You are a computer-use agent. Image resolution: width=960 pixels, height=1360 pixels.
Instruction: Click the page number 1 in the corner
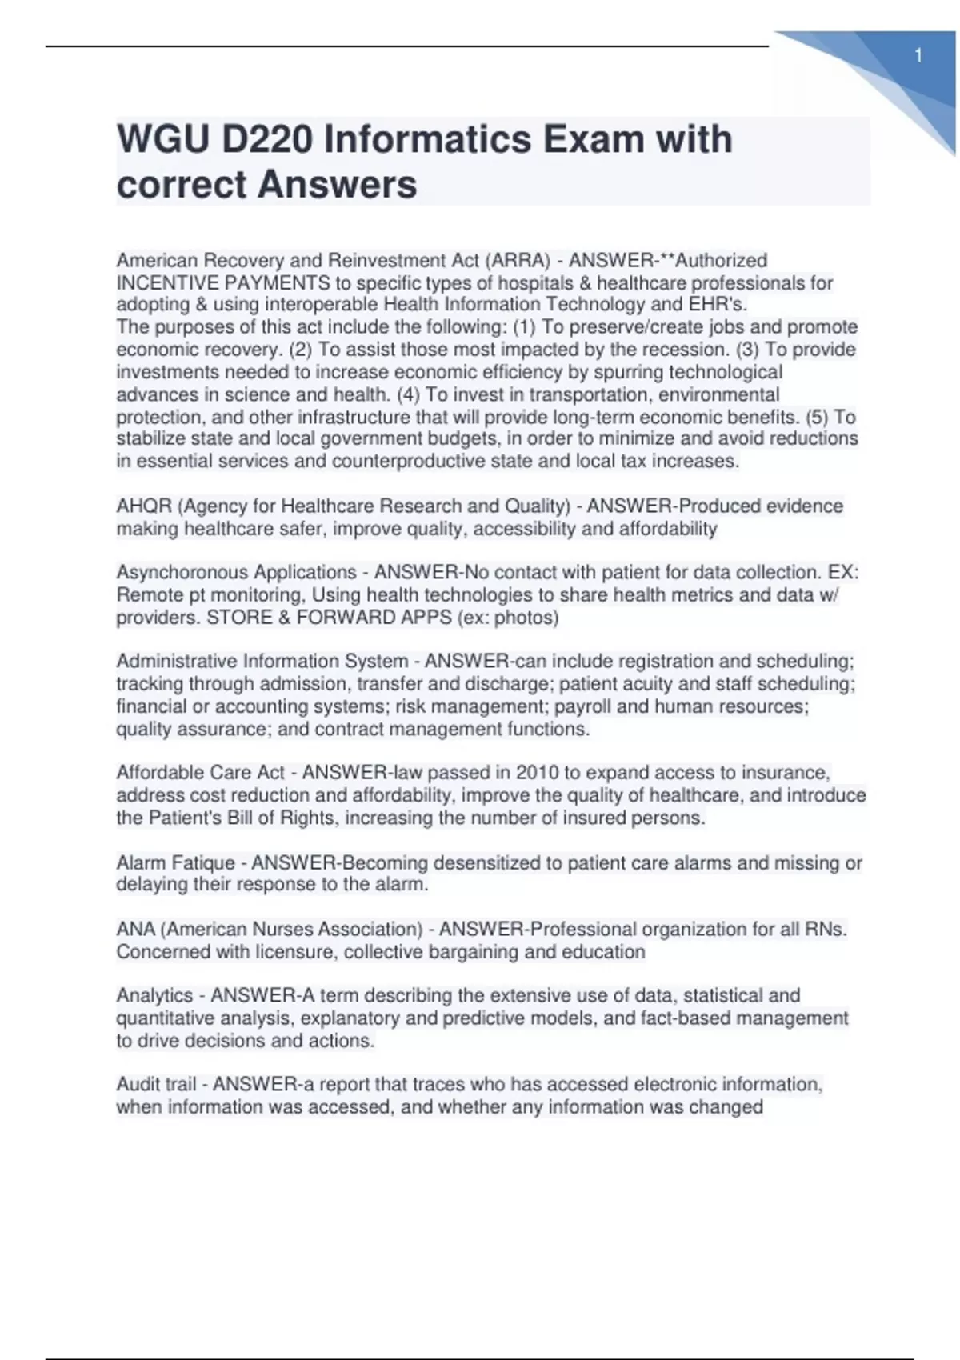click(918, 55)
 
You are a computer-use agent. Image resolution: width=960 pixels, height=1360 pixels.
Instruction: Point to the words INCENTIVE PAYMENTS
click(223, 283)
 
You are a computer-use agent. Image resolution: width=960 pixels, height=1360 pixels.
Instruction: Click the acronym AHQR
click(144, 506)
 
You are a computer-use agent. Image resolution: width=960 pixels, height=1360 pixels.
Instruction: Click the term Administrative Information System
click(262, 662)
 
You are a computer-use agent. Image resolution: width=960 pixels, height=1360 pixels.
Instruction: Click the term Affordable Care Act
click(200, 773)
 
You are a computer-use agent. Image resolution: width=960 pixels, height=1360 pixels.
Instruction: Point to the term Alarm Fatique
click(176, 863)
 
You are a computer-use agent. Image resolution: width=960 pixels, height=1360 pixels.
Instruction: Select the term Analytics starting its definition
click(154, 996)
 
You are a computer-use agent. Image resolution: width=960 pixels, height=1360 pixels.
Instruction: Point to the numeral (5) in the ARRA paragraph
click(818, 418)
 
